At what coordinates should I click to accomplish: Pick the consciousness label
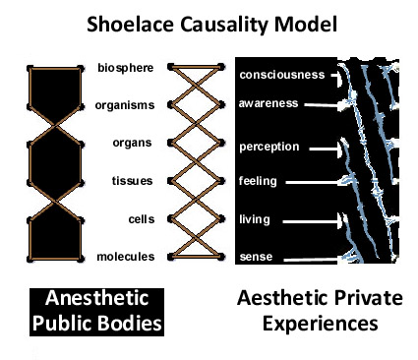pos(282,75)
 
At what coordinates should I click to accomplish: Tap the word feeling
pos(258,182)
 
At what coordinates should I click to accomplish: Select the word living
pos(254,219)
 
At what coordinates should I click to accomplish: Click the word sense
pos(254,258)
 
